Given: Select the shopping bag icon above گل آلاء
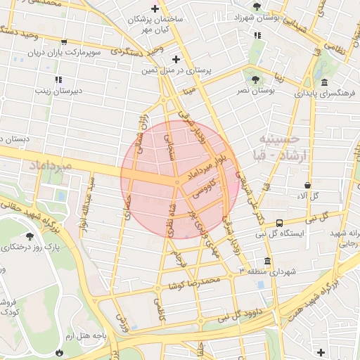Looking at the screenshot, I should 308,186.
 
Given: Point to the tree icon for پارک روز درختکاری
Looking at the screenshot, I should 30,237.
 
